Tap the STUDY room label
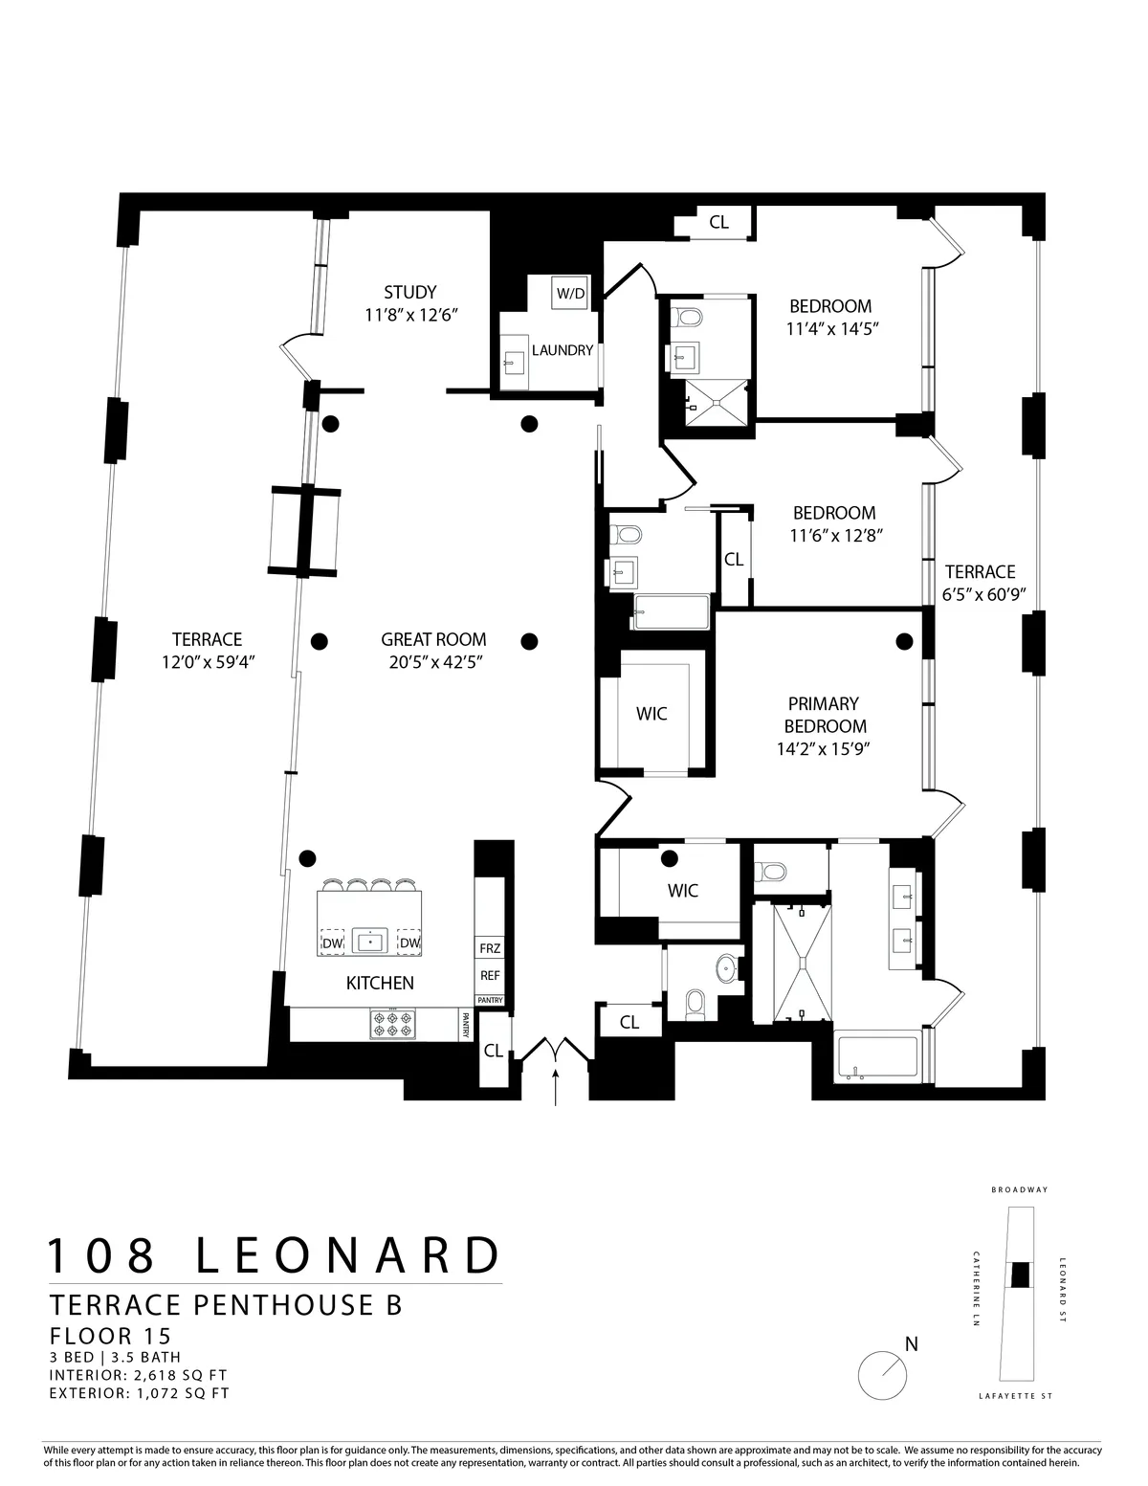(x=409, y=292)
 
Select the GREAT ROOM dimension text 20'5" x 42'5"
(x=433, y=661)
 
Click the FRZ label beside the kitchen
(x=490, y=949)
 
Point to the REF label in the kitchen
(x=490, y=976)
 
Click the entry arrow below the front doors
(x=556, y=1087)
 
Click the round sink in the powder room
(x=729, y=968)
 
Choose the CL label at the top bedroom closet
(x=718, y=222)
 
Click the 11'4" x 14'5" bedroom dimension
(x=829, y=328)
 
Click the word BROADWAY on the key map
(x=1020, y=1190)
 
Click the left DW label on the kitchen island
(x=332, y=943)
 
